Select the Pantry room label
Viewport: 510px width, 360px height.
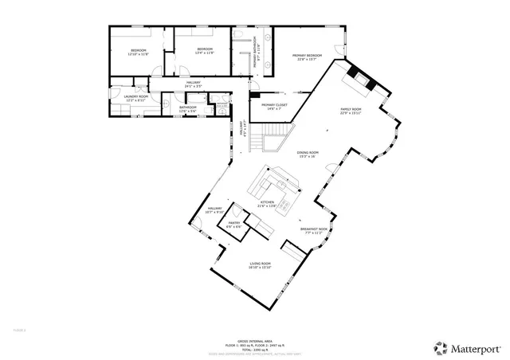pyautogui.click(x=233, y=225)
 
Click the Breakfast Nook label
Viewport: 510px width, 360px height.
pyautogui.click(x=311, y=231)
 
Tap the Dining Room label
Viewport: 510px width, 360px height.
pyautogui.click(x=308, y=155)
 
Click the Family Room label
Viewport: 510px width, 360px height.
pyautogui.click(x=351, y=111)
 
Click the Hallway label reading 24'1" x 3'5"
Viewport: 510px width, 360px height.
pyautogui.click(x=194, y=83)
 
